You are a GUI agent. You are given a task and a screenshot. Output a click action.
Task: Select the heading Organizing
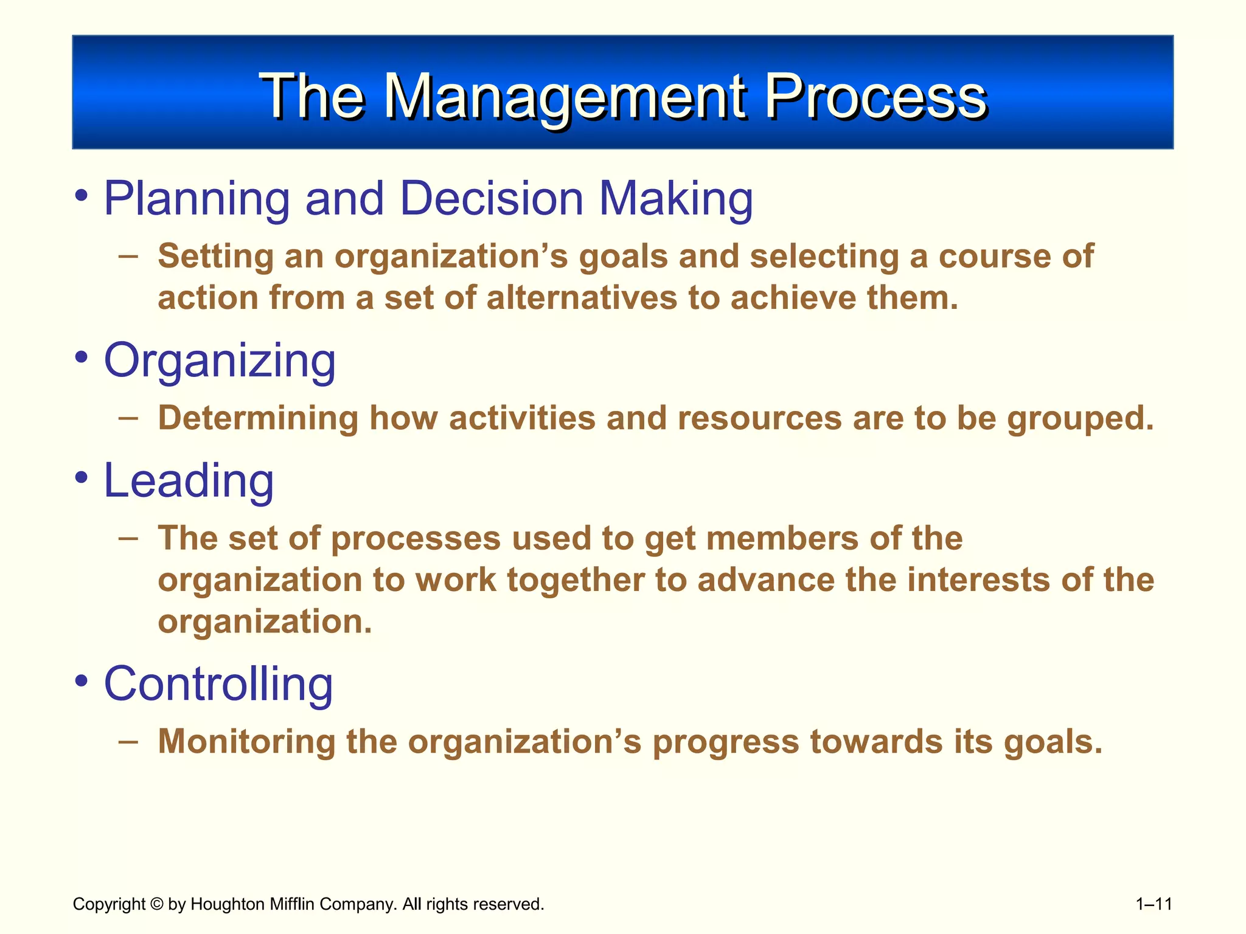click(220, 361)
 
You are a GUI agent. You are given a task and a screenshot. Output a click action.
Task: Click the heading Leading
click(189, 481)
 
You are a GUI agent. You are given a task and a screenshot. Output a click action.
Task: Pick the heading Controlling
click(218, 684)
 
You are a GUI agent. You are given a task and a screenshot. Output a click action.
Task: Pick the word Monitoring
click(246, 742)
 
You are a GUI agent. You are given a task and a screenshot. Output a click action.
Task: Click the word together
click(576, 580)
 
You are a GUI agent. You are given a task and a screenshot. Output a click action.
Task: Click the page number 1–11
click(1154, 904)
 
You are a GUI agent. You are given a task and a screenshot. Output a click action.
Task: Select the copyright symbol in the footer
click(157, 904)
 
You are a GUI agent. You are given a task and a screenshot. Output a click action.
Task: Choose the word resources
click(759, 418)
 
